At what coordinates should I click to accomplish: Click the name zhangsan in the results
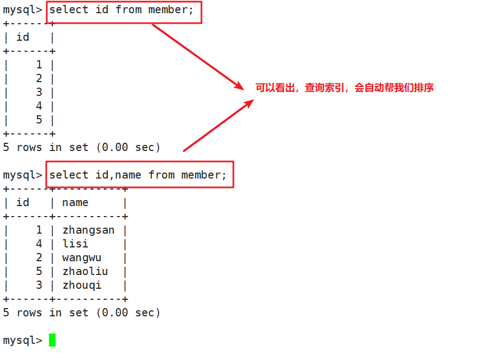pos(88,230)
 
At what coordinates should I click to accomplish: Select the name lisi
pos(75,244)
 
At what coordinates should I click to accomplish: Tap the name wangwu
pos(81,257)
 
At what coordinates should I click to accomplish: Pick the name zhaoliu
pos(85,271)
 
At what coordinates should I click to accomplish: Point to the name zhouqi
pos(81,285)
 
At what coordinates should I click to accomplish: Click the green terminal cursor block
pos(52,340)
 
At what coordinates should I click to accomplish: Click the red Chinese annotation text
pos(344,88)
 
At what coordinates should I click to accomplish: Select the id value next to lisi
pos(39,244)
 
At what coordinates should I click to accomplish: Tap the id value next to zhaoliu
pos(39,271)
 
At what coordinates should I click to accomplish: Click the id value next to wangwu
pos(39,257)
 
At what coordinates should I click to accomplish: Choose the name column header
pos(75,202)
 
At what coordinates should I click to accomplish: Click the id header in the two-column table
pos(23,202)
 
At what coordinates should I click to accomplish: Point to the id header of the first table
pos(23,37)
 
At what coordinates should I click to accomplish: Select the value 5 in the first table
pos(39,120)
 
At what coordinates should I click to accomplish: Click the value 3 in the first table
pos(39,92)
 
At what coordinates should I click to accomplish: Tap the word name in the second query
pos(128,175)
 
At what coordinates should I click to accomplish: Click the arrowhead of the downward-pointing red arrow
pos(239,87)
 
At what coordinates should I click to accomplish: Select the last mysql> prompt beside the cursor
pos(22,340)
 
